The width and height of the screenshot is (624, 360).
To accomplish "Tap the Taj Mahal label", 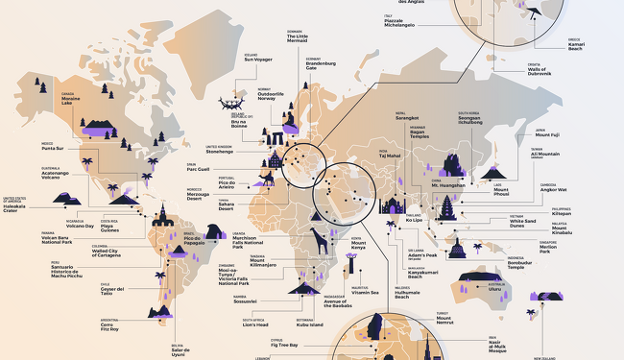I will (x=390, y=155).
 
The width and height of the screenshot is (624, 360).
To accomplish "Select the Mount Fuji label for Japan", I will (x=546, y=134).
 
